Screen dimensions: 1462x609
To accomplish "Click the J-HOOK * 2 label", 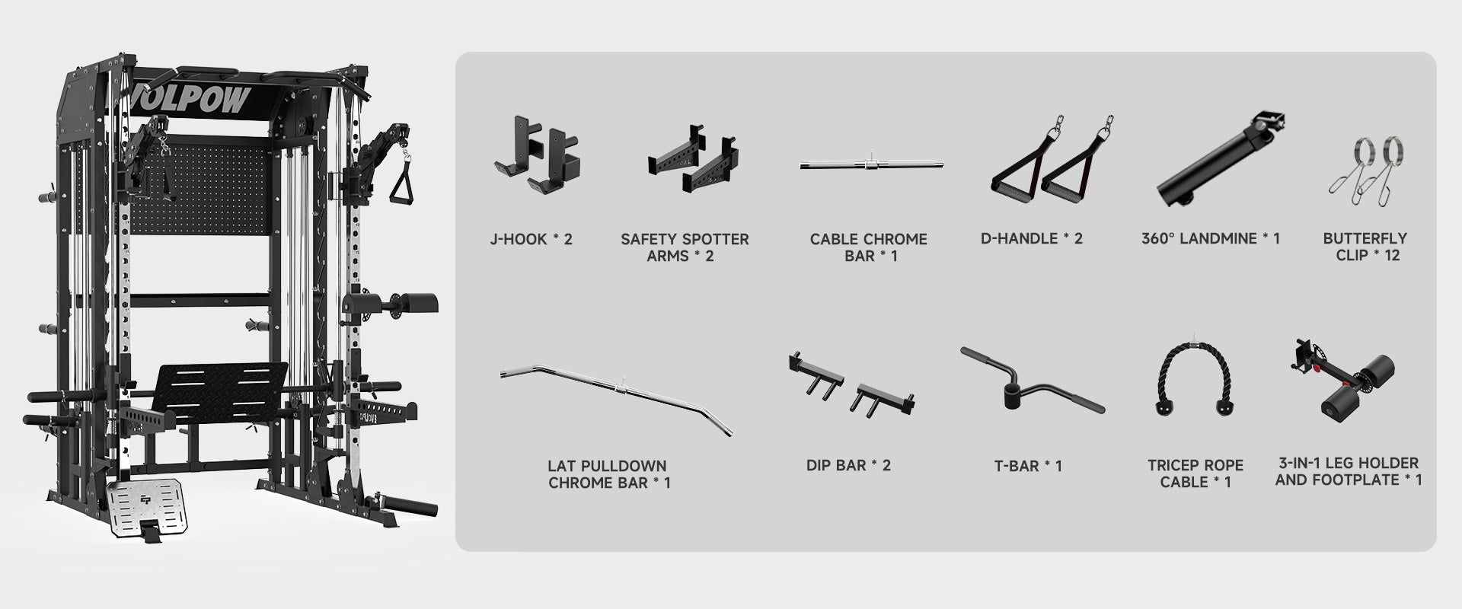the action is pyautogui.click(x=531, y=239).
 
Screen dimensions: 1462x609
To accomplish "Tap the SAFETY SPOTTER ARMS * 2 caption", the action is pyautogui.click(x=685, y=247).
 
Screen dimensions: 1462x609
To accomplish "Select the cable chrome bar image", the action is pyautogui.click(x=871, y=164).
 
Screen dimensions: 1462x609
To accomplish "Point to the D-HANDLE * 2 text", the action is pyautogui.click(x=1032, y=238).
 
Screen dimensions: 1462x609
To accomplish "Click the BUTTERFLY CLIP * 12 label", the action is pyautogui.click(x=1365, y=247).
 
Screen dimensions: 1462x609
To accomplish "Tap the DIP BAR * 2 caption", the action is pyautogui.click(x=848, y=465).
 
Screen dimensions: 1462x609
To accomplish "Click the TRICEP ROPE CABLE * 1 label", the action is pyautogui.click(x=1195, y=473).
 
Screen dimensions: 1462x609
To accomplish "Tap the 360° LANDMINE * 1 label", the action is pyautogui.click(x=1211, y=238).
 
